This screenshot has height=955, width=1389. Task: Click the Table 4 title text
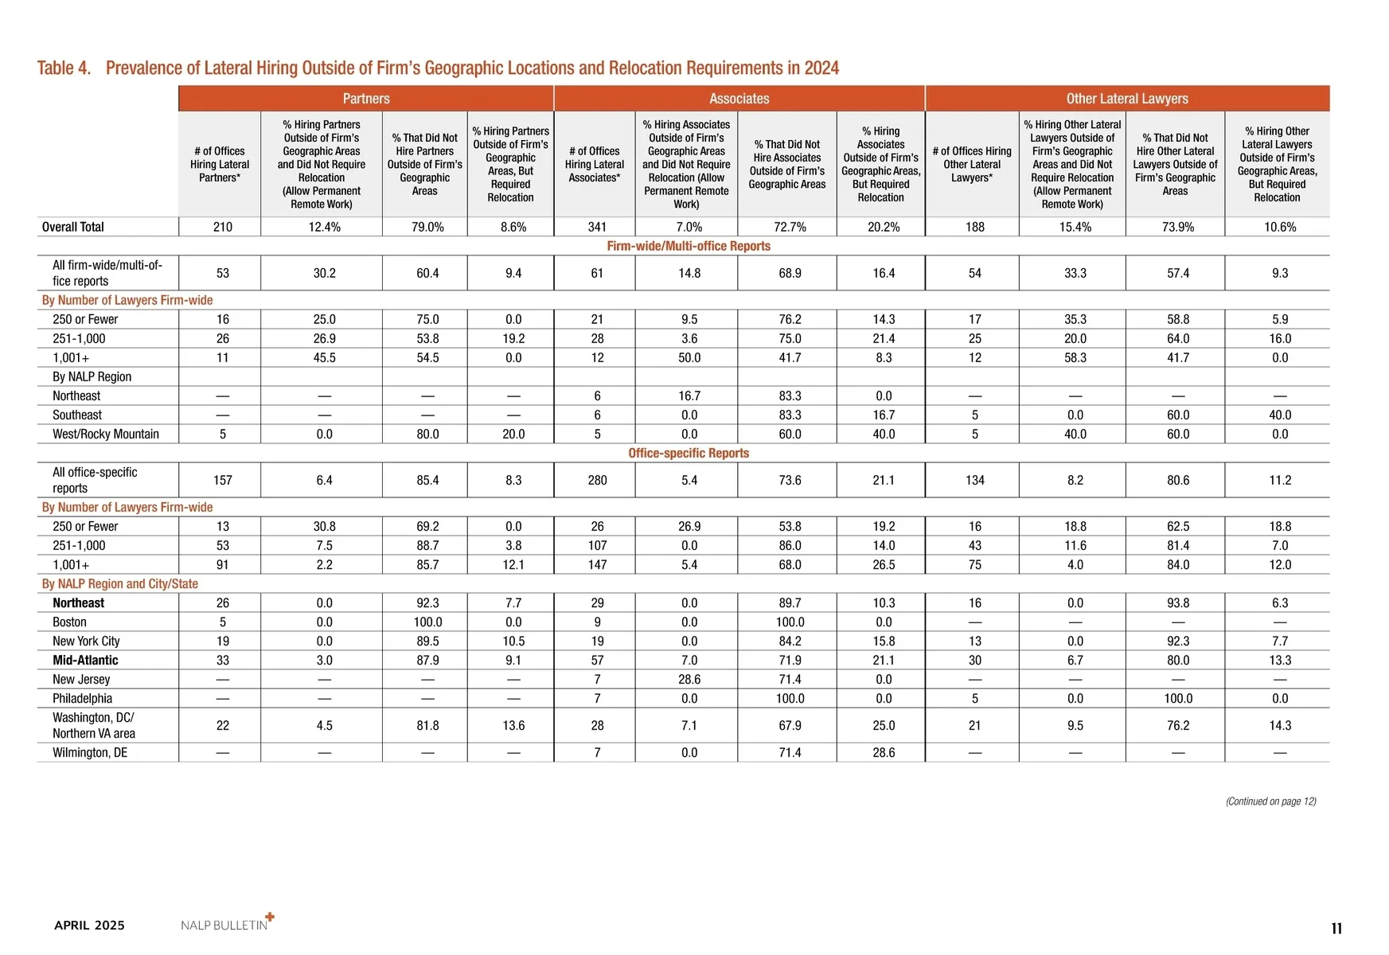438,68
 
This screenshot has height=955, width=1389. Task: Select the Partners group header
366,99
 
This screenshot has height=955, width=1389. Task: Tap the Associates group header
739,99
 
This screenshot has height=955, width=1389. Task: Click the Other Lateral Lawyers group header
1127,99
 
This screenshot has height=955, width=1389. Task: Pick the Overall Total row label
73,227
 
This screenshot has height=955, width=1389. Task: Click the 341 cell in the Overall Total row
597,227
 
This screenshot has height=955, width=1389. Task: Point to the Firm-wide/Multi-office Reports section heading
689,246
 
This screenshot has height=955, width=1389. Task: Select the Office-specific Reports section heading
689,453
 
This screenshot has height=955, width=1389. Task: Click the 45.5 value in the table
324,357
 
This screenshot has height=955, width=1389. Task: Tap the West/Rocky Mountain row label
106,434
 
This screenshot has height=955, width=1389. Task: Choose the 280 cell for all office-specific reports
597,480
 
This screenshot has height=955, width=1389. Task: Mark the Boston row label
69,622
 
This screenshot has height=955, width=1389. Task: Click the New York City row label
86,641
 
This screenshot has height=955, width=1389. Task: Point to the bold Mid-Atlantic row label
85,660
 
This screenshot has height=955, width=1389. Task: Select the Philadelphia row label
82,698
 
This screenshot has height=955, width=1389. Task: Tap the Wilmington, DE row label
90,752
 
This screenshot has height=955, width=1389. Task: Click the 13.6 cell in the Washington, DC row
513,725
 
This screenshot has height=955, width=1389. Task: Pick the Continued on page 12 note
1270,801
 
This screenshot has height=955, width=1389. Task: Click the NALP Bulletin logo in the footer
227,924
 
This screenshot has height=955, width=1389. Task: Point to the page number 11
1336,928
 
